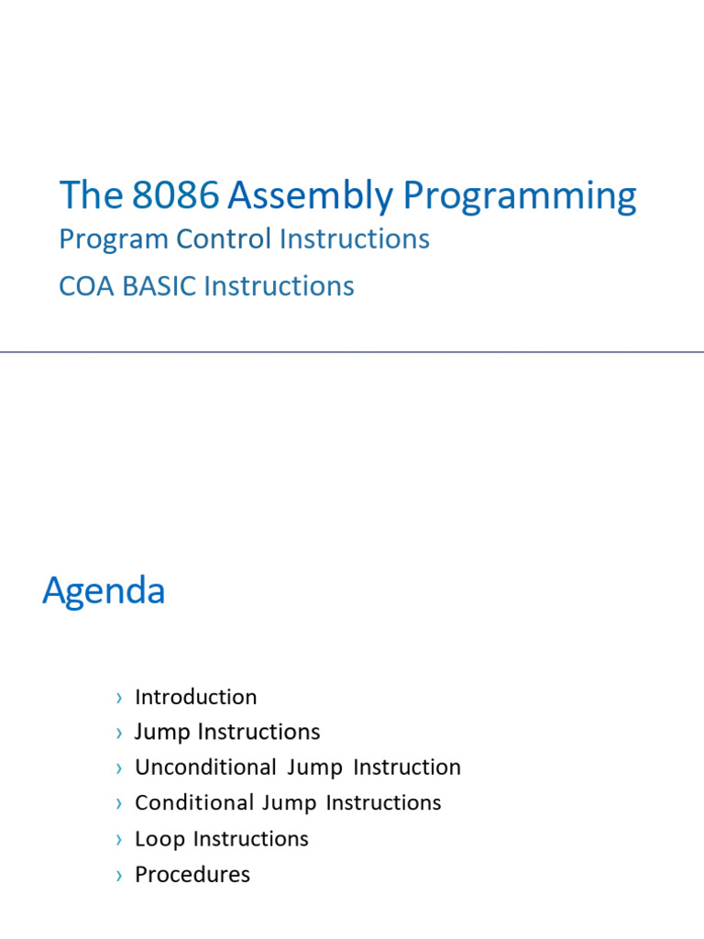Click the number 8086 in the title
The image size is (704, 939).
coord(175,194)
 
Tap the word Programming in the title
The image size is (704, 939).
coord(520,196)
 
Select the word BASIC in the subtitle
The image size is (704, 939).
coord(159,286)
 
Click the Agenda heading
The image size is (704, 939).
coord(104,591)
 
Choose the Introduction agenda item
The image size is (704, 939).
coord(196,697)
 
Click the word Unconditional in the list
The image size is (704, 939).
coord(205,768)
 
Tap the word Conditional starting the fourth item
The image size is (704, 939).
coord(194,802)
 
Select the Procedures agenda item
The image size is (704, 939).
coord(192,874)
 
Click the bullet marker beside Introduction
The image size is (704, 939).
coord(119,698)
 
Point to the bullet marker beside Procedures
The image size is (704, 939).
coord(119,876)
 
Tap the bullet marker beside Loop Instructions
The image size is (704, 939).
coord(119,840)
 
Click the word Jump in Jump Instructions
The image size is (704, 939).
coord(162,733)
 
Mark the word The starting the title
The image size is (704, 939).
coord(91,194)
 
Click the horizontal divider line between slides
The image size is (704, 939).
coord(352,352)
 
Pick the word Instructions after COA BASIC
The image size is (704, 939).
coord(279,286)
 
